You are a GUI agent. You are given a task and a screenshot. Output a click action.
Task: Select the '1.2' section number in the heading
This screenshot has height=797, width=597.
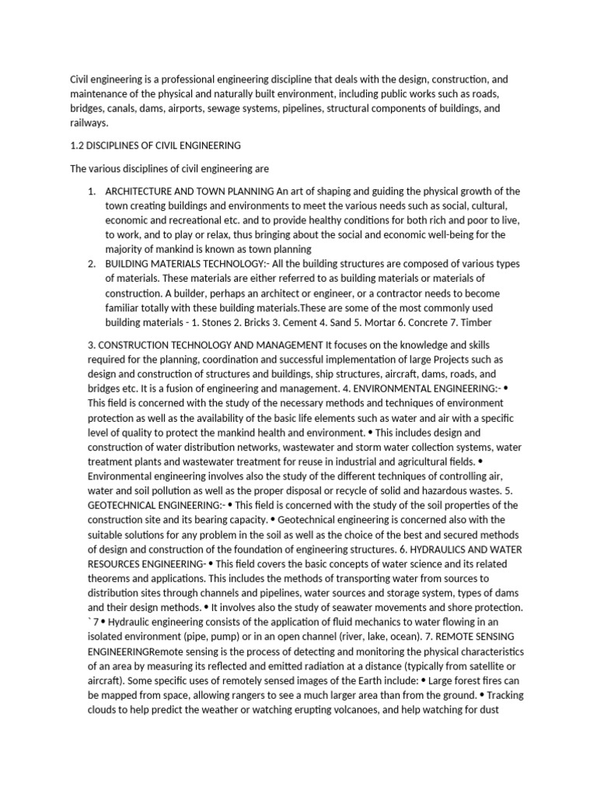point(78,145)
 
